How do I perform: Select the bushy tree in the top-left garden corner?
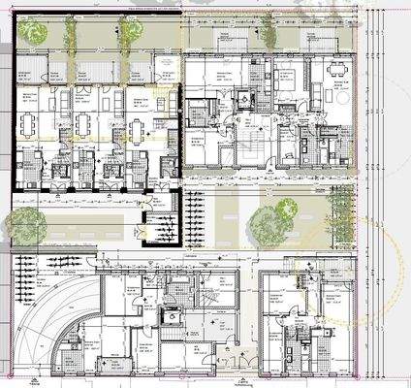click(36, 33)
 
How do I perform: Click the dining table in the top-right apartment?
click(337, 70)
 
